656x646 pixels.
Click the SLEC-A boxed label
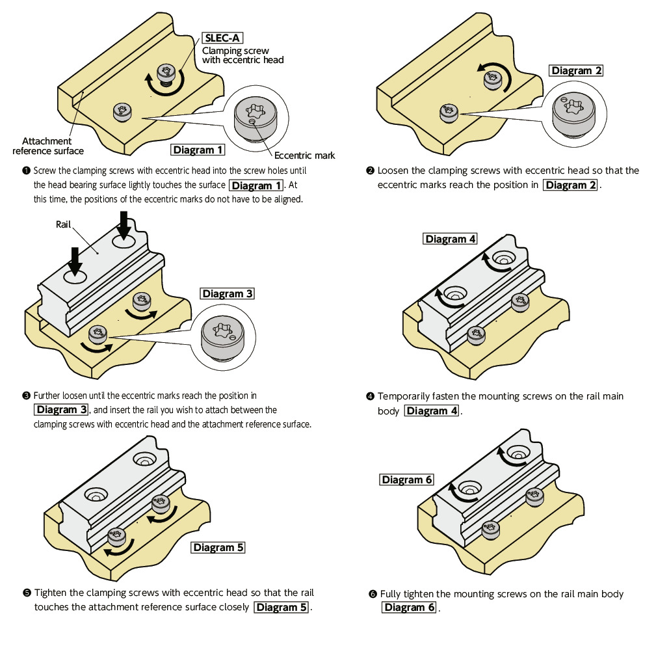(x=222, y=38)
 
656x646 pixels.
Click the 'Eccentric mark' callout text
(x=304, y=155)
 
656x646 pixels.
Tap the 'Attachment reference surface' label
(x=48, y=146)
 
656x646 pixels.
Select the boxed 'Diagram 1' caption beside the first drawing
(x=198, y=150)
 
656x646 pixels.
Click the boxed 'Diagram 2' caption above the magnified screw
(x=576, y=71)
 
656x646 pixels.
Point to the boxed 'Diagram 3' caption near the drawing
(x=227, y=293)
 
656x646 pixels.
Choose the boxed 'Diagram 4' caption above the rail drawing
(x=450, y=239)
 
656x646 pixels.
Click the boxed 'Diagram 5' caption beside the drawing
(x=218, y=547)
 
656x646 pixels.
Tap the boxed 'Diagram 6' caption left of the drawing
(x=406, y=479)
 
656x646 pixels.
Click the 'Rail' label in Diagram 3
(x=63, y=224)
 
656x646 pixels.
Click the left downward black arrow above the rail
(x=75, y=262)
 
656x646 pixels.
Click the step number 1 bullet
(x=26, y=171)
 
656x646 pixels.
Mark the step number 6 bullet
(x=372, y=594)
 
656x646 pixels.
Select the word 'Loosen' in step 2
(x=393, y=170)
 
